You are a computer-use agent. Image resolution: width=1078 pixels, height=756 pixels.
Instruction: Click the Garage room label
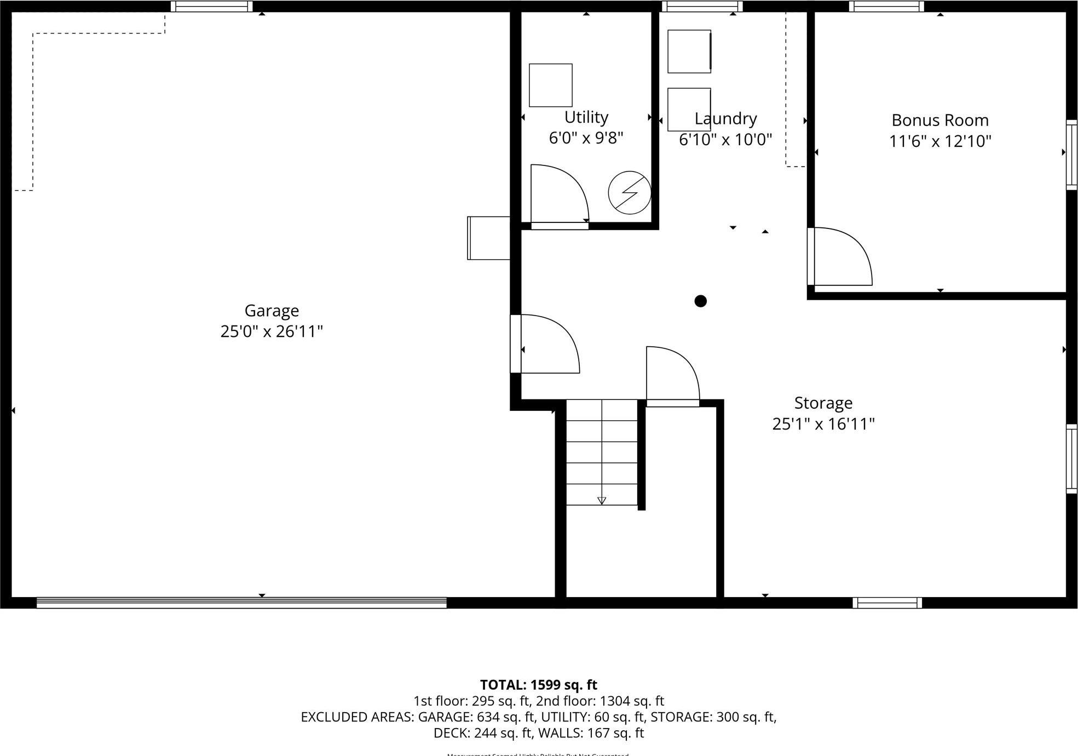tap(272, 311)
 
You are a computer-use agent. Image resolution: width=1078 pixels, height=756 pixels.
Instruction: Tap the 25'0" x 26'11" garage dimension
tap(272, 331)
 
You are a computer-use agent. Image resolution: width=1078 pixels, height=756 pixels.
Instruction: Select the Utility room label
tap(586, 117)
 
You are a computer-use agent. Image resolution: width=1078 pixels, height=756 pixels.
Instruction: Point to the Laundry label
tap(725, 118)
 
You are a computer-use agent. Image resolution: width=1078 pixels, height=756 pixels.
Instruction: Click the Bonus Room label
tap(940, 120)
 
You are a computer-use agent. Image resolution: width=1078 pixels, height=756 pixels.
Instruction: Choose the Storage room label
tap(823, 403)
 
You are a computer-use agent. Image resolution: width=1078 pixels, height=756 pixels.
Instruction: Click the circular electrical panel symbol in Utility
tap(630, 193)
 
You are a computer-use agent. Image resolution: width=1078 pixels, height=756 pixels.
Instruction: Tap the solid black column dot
tap(700, 301)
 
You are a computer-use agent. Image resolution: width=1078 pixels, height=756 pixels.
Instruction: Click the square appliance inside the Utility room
tap(550, 85)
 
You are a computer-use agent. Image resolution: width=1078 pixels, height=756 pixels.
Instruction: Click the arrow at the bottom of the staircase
tap(602, 500)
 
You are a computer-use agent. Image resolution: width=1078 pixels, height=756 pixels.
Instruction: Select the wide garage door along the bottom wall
tap(241, 603)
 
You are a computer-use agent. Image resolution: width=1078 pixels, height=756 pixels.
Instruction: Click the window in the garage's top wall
tap(211, 7)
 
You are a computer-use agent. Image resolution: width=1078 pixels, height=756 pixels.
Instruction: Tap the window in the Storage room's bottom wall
tap(887, 603)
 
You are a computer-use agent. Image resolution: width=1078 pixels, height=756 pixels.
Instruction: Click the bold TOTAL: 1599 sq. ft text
tap(538, 685)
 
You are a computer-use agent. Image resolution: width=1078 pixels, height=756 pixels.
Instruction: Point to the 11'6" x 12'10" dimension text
tap(940, 141)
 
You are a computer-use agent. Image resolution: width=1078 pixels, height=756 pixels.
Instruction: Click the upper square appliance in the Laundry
tap(689, 51)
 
